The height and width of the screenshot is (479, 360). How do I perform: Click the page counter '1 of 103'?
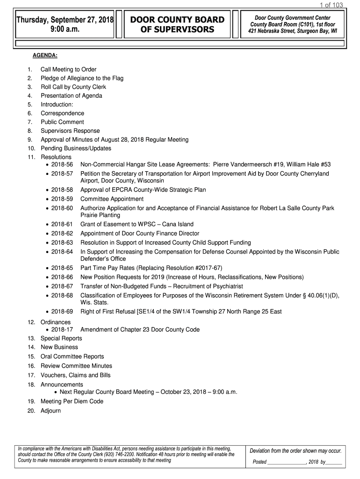click(x=331, y=5)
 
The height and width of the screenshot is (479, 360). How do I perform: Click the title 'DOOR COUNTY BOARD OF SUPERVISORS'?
click(x=177, y=25)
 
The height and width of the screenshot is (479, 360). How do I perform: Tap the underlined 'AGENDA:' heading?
click(x=45, y=56)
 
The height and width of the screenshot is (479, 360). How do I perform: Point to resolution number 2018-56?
click(x=62, y=165)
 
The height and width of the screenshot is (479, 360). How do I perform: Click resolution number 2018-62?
click(x=62, y=233)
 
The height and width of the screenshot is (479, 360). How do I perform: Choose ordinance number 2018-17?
click(x=62, y=330)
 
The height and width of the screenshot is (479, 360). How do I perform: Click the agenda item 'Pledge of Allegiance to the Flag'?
click(x=82, y=78)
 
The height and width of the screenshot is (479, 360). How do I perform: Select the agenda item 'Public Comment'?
click(x=62, y=122)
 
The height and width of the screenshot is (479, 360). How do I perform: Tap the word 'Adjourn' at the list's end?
click(x=50, y=411)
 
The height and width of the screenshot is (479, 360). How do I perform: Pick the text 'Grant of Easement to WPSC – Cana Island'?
click(x=137, y=225)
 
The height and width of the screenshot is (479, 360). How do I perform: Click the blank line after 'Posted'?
click(x=287, y=462)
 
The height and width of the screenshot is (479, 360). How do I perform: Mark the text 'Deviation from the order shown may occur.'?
click(x=295, y=451)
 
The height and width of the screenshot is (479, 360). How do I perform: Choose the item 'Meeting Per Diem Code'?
click(x=72, y=401)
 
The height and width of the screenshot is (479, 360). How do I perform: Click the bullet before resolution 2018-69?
click(x=47, y=312)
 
